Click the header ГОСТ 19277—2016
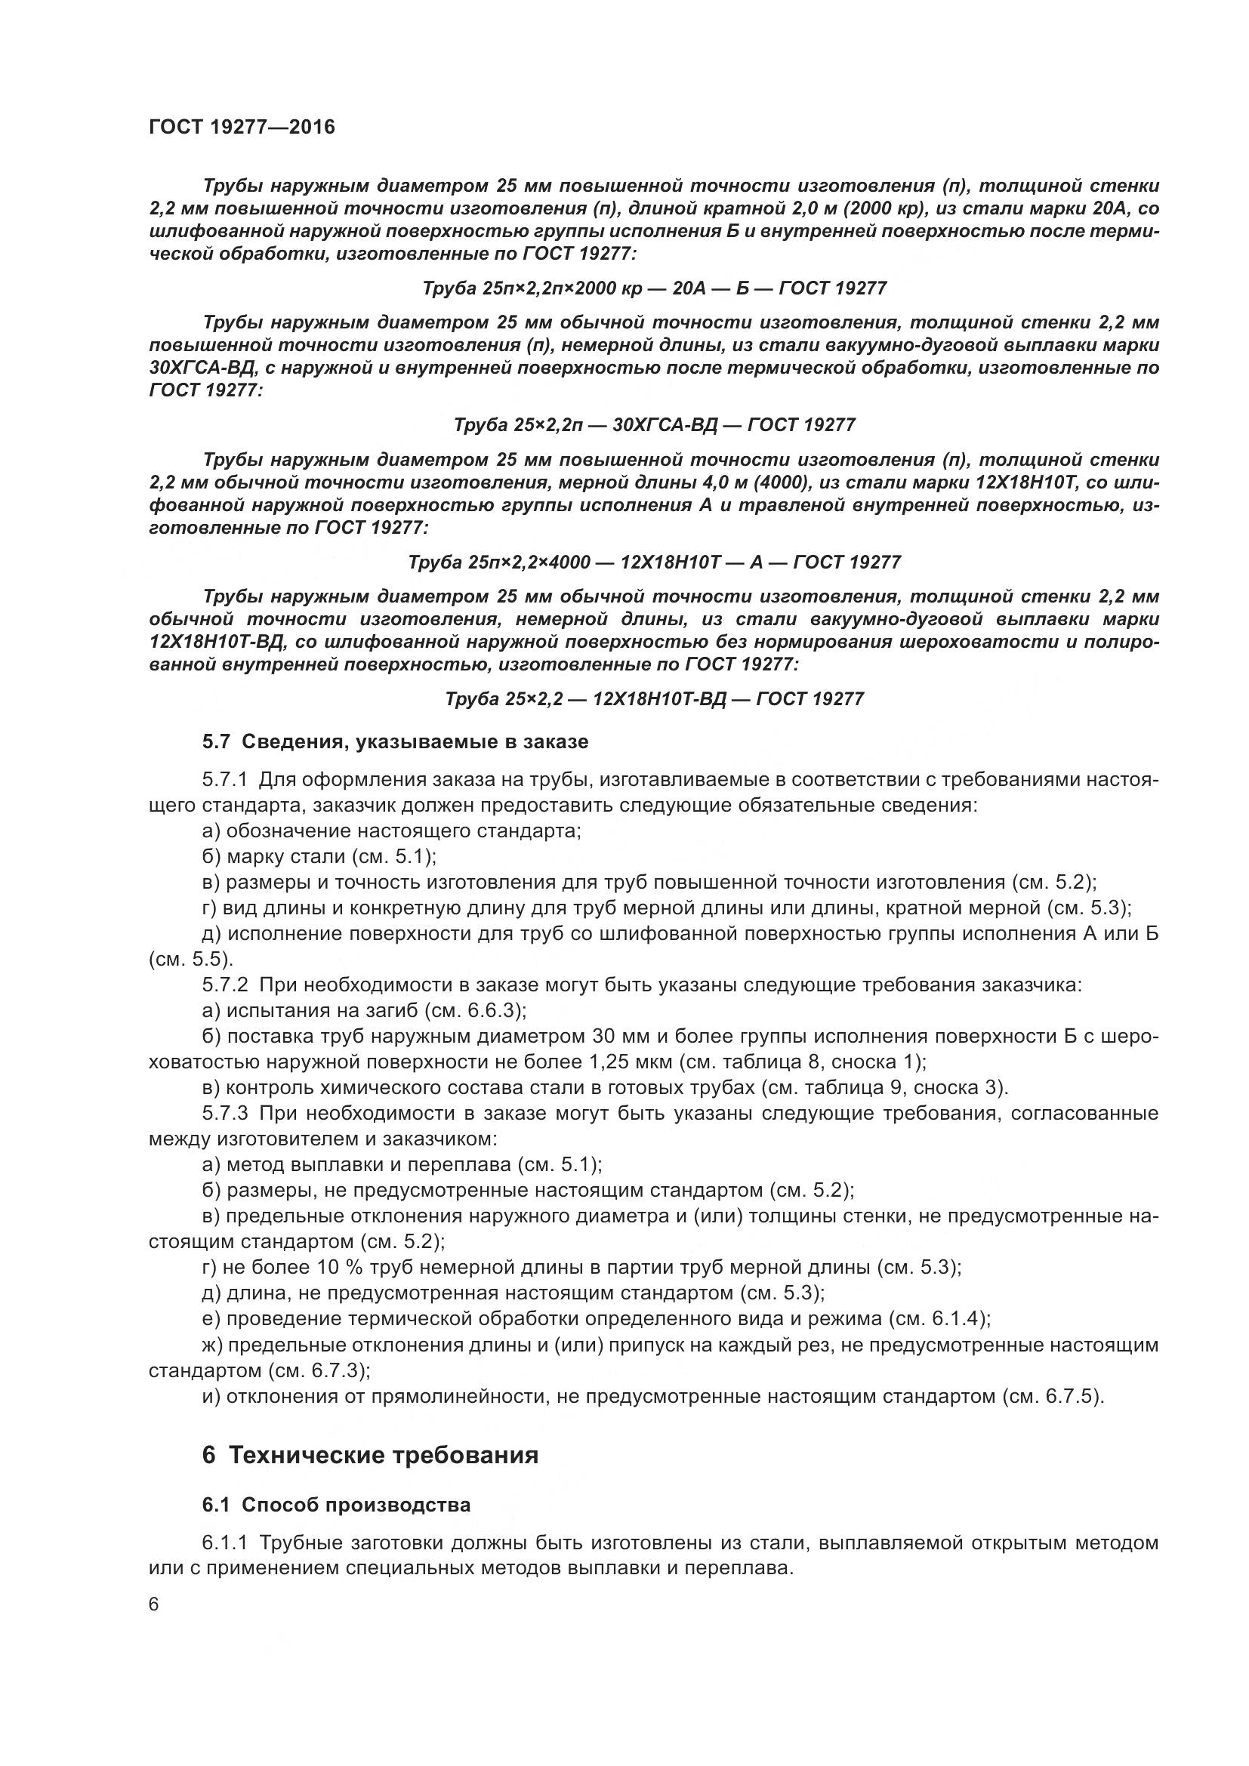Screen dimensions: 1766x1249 (x=242, y=127)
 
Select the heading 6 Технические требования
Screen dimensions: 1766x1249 (x=370, y=1455)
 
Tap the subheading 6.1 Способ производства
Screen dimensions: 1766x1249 (x=336, y=1506)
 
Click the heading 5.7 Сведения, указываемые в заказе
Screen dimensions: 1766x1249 (x=395, y=742)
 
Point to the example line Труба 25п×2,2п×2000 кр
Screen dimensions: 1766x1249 (x=655, y=288)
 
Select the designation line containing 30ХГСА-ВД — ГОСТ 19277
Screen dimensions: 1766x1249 (x=655, y=425)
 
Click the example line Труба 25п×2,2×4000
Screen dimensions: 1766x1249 (x=655, y=562)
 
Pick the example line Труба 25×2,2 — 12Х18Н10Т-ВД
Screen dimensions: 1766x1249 (x=655, y=699)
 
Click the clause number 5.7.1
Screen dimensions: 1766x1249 (x=224, y=780)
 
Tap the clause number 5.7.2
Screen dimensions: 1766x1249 (x=224, y=985)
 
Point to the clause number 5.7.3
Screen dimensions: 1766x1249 (x=224, y=1114)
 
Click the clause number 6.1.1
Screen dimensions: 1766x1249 (x=224, y=1543)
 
